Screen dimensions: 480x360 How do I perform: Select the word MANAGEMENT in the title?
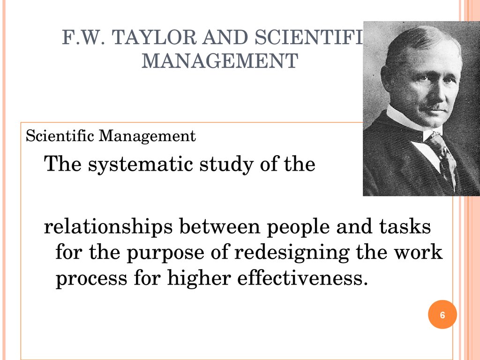(x=220, y=60)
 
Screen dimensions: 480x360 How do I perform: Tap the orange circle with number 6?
(x=442, y=315)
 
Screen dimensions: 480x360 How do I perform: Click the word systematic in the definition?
(x=141, y=165)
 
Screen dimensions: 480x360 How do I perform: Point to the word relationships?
(x=108, y=227)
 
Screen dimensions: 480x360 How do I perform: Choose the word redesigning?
(x=292, y=254)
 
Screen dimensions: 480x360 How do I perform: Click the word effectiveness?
(x=302, y=278)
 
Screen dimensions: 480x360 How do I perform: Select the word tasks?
(x=405, y=226)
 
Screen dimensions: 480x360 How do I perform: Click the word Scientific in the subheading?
(x=60, y=135)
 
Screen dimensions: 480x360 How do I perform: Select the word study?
(x=226, y=165)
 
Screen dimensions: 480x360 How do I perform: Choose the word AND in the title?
(x=225, y=37)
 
